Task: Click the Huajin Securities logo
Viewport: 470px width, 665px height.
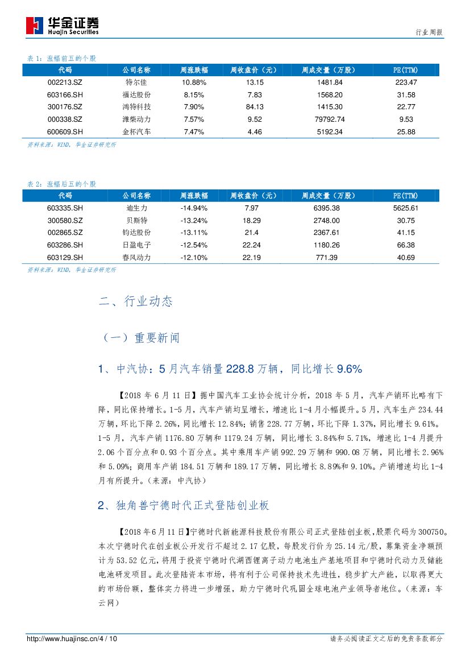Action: tap(62, 25)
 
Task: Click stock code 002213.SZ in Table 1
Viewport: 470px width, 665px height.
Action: tap(65, 82)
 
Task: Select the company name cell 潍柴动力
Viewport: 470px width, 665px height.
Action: tap(136, 119)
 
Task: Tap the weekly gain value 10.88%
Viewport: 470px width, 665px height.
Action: tap(193, 82)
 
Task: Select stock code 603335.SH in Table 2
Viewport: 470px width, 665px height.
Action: tap(65, 208)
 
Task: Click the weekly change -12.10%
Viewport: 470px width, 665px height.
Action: tap(193, 258)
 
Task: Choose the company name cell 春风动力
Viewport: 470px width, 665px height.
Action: tap(136, 258)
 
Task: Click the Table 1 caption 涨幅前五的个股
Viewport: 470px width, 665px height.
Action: tap(62, 59)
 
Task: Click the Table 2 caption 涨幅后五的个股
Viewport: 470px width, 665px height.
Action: tap(62, 184)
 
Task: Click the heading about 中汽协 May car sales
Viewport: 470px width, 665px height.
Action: tap(230, 369)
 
